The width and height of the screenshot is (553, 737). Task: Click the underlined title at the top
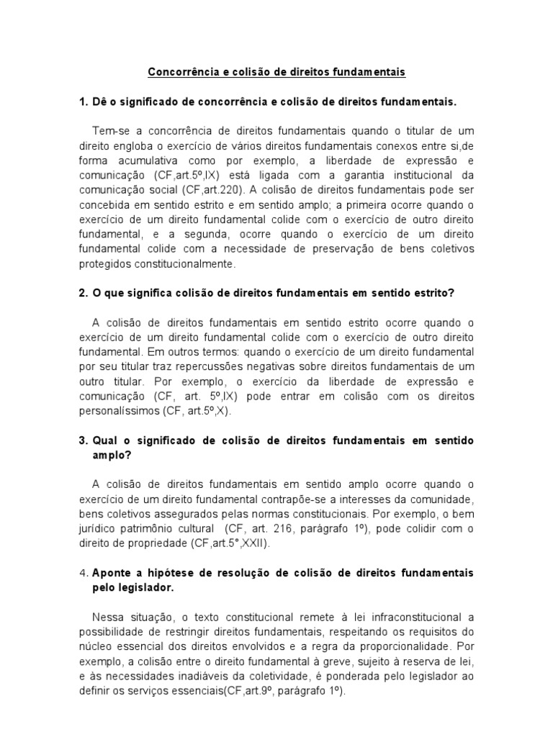[276, 72]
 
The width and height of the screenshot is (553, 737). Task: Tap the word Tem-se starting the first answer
[110, 130]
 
